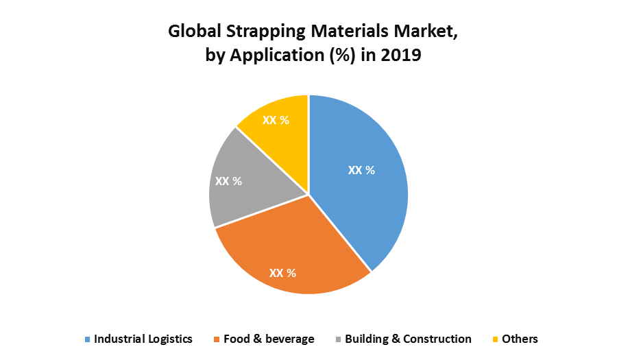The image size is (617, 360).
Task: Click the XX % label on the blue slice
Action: click(361, 170)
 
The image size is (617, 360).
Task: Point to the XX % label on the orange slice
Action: click(282, 273)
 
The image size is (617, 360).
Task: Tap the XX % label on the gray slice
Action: click(229, 181)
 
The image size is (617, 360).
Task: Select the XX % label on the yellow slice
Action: click(276, 120)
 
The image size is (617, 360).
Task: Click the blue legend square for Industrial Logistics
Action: click(88, 339)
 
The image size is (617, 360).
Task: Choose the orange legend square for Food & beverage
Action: click(217, 339)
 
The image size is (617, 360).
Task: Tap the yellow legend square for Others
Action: click(496, 339)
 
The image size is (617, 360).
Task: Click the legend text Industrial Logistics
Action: click(143, 339)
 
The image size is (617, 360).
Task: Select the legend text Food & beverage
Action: click(269, 339)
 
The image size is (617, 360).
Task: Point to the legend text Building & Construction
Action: click(408, 339)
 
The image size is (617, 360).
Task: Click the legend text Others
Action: click(520, 339)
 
